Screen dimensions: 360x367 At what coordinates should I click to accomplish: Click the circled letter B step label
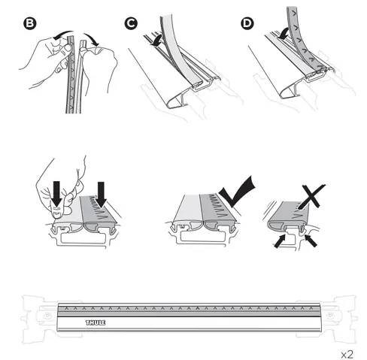pos(30,23)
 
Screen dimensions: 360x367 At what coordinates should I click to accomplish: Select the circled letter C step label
pos(132,23)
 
